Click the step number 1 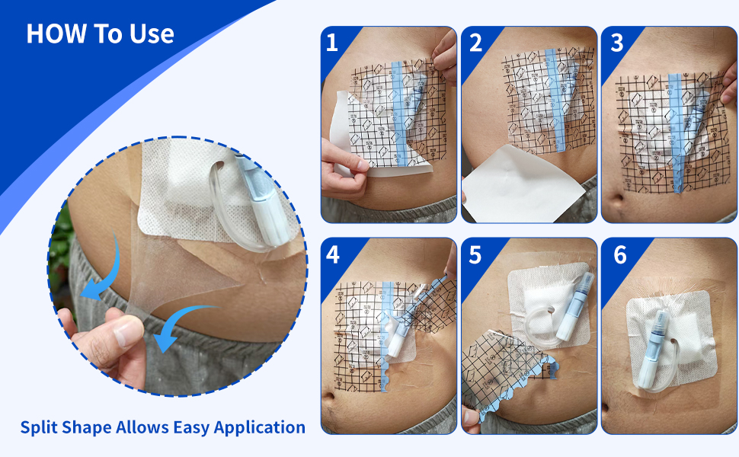(332, 43)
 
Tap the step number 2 (475, 43)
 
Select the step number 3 (617, 43)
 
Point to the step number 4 (333, 254)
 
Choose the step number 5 (475, 254)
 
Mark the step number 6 (619, 254)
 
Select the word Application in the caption (260, 427)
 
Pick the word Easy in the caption (191, 427)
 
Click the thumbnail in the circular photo (128, 330)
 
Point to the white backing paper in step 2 (523, 183)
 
